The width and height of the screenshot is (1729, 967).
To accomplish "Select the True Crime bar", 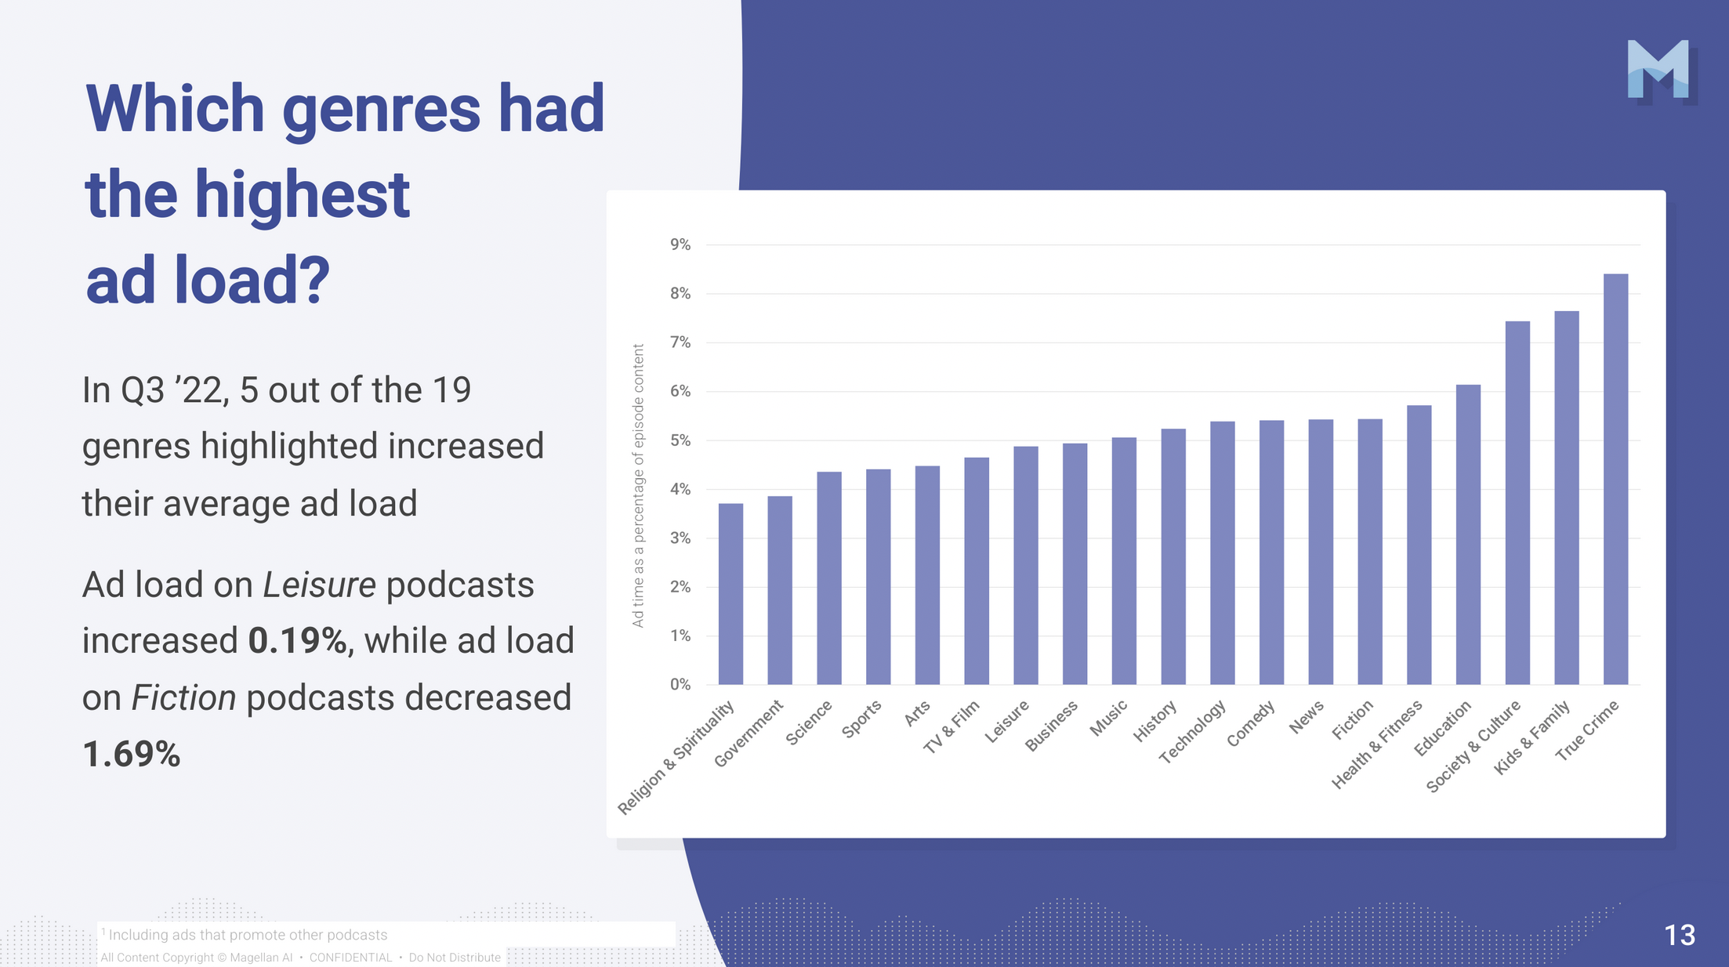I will pyautogui.click(x=1615, y=480).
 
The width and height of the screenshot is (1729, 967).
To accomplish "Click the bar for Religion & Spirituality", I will pyautogui.click(x=730, y=594).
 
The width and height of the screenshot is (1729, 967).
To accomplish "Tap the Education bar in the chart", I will pyautogui.click(x=1468, y=534).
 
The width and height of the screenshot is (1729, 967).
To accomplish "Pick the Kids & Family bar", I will pyautogui.click(x=1566, y=498).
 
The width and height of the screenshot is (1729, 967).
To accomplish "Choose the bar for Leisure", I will pyautogui.click(x=1025, y=565).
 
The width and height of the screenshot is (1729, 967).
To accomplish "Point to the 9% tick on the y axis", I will pyautogui.click(x=680, y=245).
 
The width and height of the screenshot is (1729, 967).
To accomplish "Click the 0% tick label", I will pyautogui.click(x=680, y=684).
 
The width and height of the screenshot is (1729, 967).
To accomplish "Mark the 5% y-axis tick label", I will pyautogui.click(x=680, y=440).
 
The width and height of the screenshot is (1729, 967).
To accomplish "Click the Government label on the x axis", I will pyautogui.click(x=749, y=733).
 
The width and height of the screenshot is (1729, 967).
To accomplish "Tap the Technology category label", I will pyautogui.click(x=1193, y=732).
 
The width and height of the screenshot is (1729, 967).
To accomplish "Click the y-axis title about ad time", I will pyautogui.click(x=639, y=486).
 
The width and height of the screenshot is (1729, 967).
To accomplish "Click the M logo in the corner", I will pyautogui.click(x=1658, y=70).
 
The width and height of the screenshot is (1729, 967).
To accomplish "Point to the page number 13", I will pyautogui.click(x=1680, y=936).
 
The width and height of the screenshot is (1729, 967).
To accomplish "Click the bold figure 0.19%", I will pyautogui.click(x=298, y=641).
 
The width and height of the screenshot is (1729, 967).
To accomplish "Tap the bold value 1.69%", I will pyautogui.click(x=132, y=755).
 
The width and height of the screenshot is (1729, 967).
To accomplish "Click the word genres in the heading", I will pyautogui.click(x=380, y=109).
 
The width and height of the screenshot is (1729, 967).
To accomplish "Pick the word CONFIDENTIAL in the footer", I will pyautogui.click(x=350, y=958).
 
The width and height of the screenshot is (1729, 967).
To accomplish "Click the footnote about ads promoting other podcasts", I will pyautogui.click(x=248, y=935).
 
